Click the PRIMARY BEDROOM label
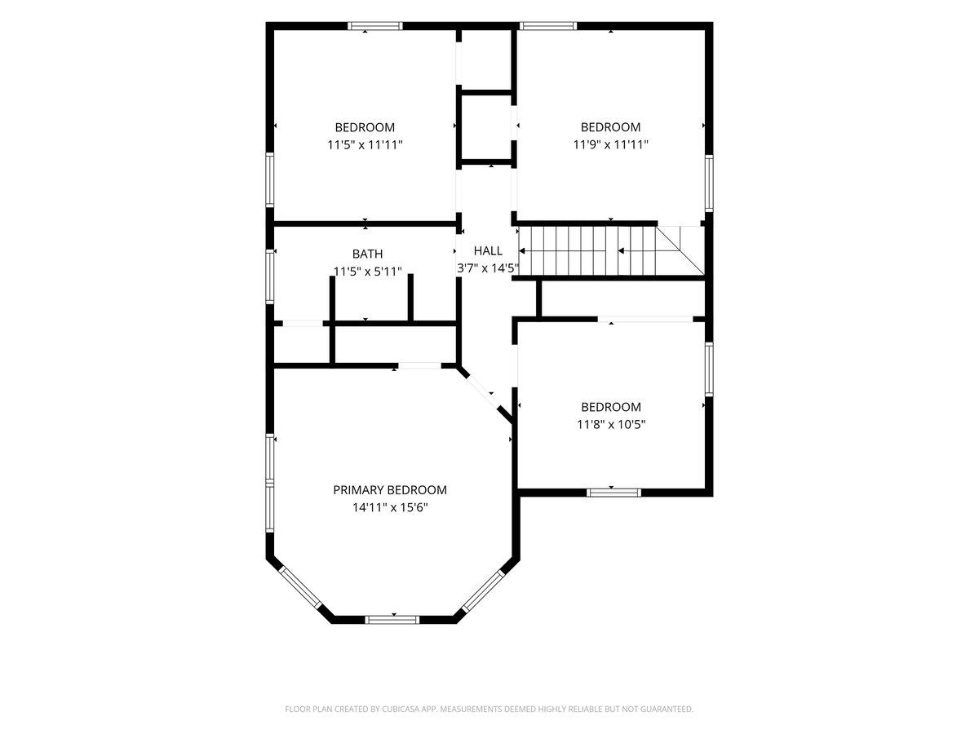389,490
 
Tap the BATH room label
367,254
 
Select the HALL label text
488,251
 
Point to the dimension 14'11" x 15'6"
390,507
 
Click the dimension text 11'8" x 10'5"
611,424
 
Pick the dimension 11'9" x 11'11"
610,144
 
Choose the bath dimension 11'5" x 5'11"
367,272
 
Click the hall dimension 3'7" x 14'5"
488,268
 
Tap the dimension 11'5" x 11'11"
365,145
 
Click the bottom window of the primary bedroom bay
392,620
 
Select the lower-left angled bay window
300,588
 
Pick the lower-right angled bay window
483,591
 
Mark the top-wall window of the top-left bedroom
375,26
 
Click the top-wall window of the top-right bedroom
549,26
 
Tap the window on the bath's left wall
269,276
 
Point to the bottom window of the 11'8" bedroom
614,493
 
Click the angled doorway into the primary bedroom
484,392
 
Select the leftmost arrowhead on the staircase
521,251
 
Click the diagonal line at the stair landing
680,251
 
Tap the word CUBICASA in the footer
400,709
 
